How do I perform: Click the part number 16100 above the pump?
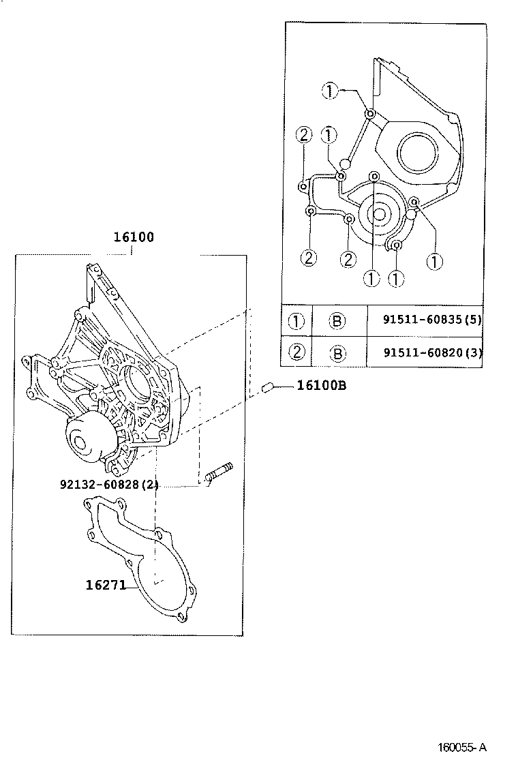134,238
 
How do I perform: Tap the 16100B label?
321,386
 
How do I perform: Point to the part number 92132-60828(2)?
110,485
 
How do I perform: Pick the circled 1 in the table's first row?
296,320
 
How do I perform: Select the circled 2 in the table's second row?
296,352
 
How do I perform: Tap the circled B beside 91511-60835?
338,320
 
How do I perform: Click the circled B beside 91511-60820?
338,352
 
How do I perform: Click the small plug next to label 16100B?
268,388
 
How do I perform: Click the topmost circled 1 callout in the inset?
329,91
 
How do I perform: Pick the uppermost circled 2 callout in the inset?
304,135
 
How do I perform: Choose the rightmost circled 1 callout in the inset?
434,260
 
